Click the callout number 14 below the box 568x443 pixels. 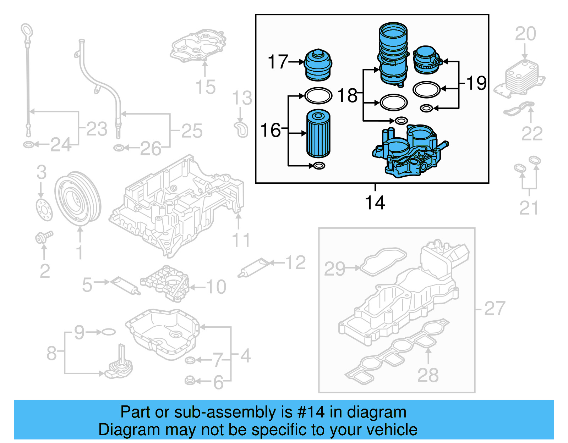[x=375, y=203]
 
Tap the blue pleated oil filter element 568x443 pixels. [x=318, y=133]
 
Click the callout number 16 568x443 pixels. [x=271, y=130]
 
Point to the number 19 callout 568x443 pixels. [x=476, y=83]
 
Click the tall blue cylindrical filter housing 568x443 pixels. [x=393, y=53]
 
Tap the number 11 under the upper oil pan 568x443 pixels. [x=241, y=240]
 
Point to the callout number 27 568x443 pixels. [x=495, y=309]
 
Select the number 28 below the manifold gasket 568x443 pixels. [x=428, y=375]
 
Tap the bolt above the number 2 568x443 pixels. [x=44, y=237]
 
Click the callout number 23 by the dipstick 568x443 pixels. [x=97, y=129]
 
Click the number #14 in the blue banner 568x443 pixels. [x=311, y=412]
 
